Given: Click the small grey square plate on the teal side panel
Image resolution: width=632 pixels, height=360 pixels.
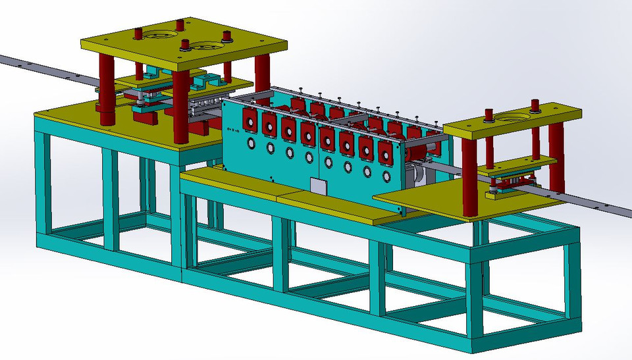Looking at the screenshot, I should tap(318, 186).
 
